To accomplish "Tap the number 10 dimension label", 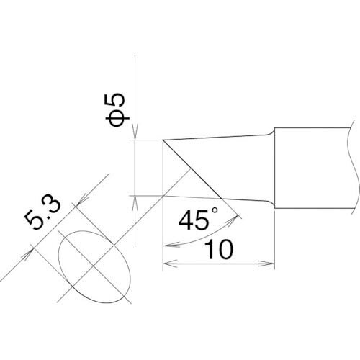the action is (219, 249).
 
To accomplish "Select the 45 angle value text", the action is (194, 220).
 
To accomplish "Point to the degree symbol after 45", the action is (215, 210).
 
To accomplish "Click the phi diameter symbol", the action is (117, 118).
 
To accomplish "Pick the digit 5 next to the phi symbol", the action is (114, 101).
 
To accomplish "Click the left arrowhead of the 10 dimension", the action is (170, 264).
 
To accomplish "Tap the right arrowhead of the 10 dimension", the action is (267, 264).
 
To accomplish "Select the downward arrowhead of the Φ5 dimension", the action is (135, 132).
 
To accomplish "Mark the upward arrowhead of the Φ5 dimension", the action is (135, 203).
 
